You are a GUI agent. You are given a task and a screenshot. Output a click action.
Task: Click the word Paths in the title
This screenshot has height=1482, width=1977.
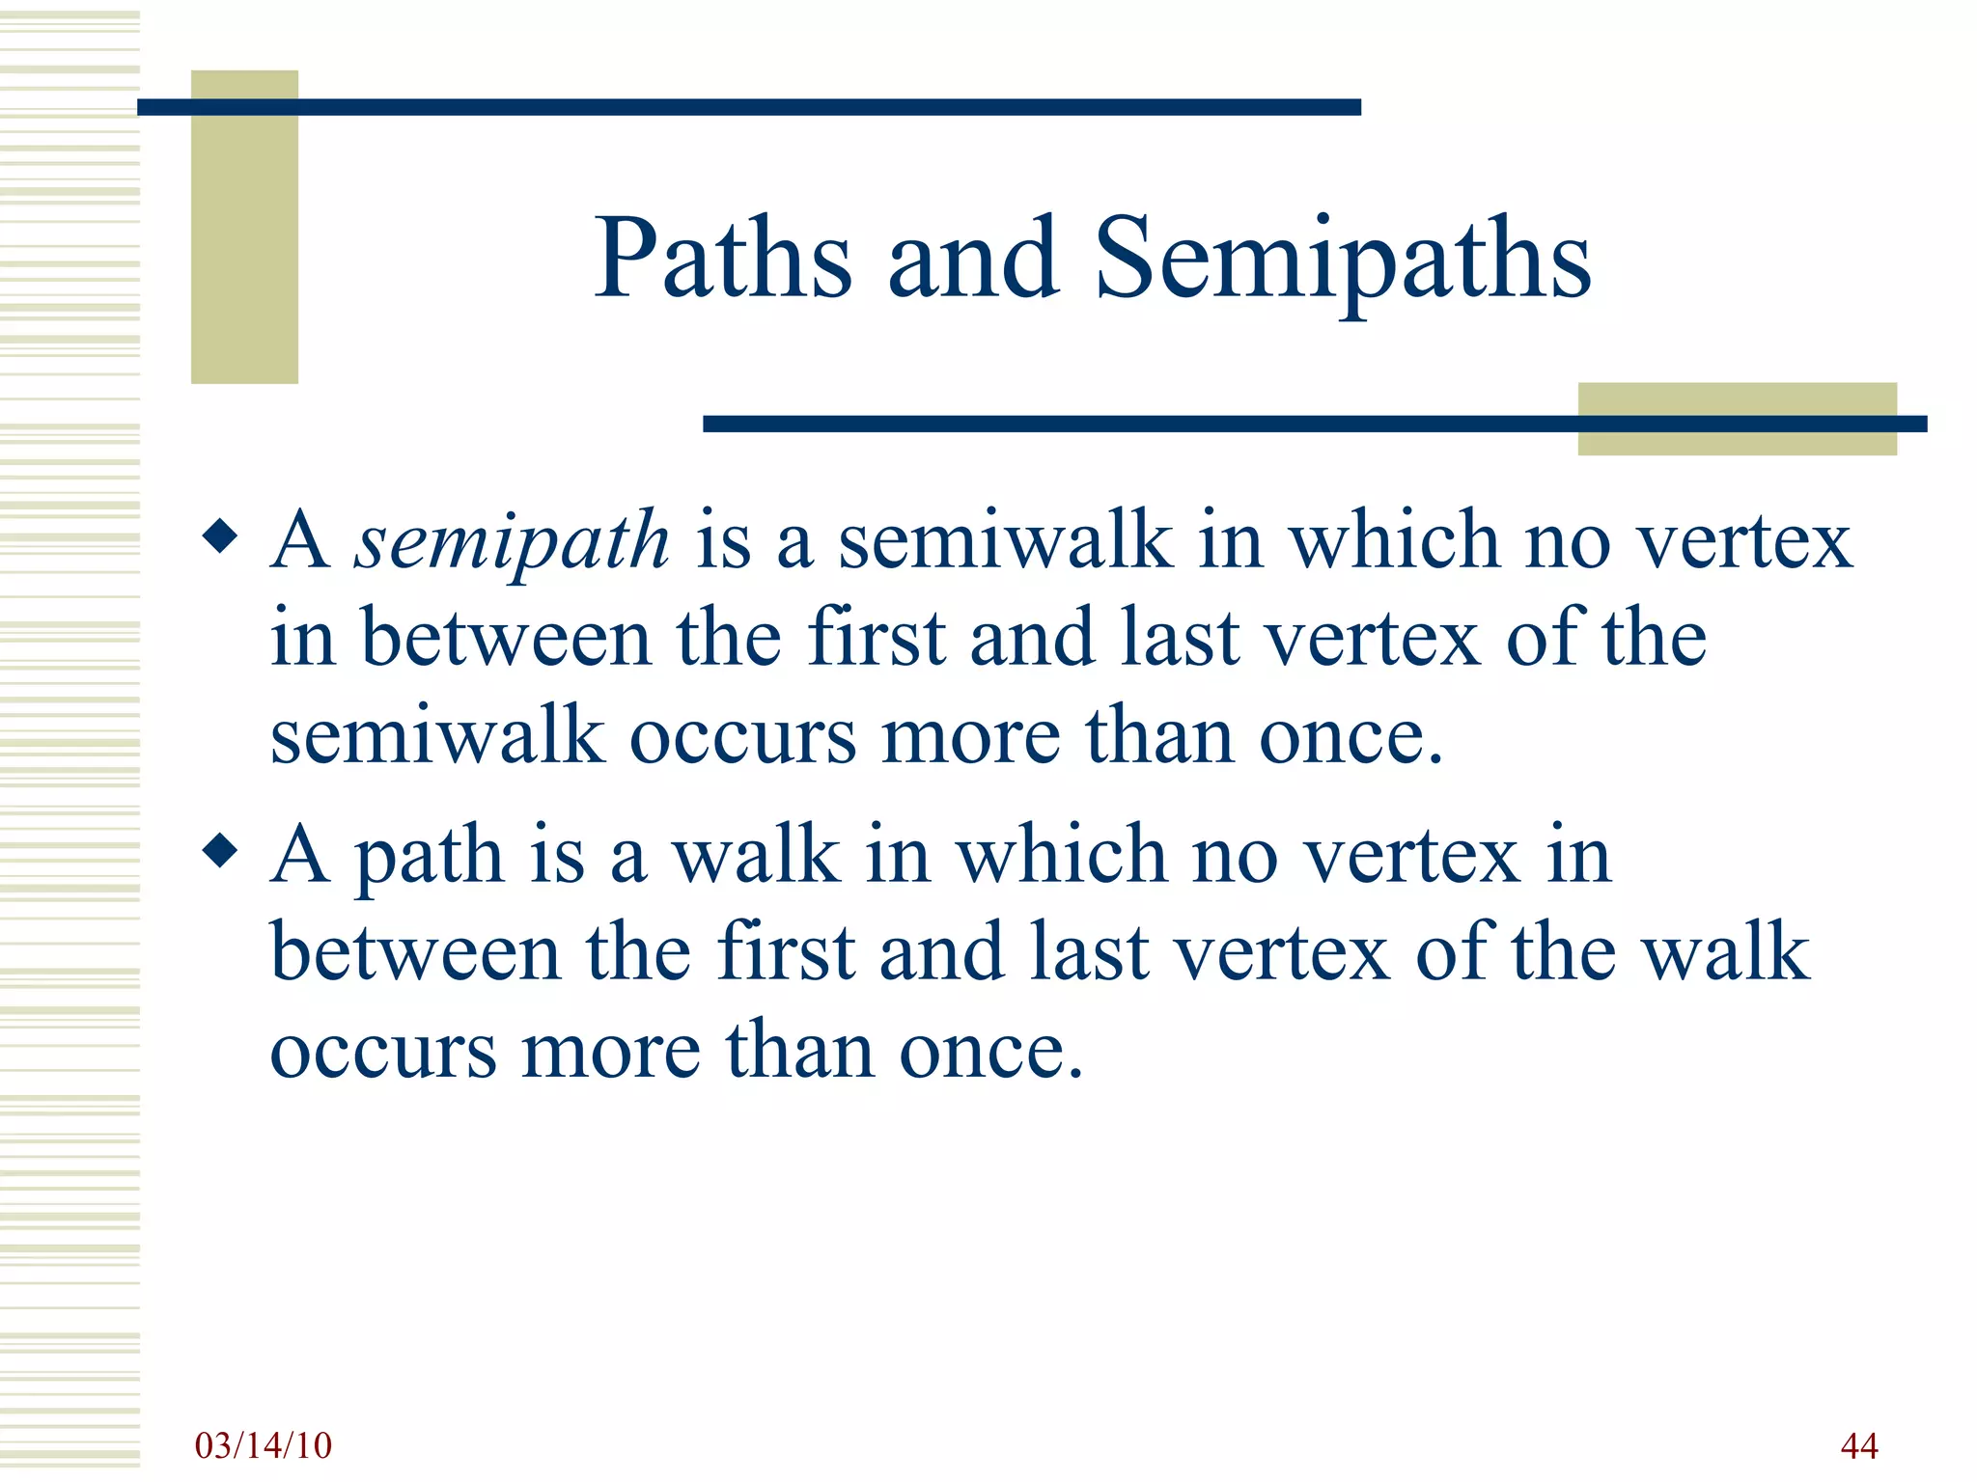[722, 259]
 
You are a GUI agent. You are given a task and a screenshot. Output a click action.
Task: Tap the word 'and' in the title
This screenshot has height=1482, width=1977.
[973, 259]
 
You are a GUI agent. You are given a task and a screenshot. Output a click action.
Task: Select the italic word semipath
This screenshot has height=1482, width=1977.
[512, 540]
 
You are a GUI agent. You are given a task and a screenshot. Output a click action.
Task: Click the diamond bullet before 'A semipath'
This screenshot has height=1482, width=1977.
[221, 536]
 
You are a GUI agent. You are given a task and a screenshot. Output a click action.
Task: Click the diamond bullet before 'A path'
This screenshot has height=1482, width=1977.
[221, 851]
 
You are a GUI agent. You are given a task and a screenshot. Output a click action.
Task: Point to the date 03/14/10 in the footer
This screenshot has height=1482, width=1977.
[263, 1445]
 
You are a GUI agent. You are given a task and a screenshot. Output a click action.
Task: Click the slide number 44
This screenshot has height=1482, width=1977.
[1858, 1445]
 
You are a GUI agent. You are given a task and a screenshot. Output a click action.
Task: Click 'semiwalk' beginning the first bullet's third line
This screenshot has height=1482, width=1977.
[436, 736]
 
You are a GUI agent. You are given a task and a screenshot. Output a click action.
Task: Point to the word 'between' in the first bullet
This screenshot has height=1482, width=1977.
[506, 638]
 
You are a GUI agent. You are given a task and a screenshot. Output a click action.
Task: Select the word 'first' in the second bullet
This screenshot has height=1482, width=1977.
[786, 952]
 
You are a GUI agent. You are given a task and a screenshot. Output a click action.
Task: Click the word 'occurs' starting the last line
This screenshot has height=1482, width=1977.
[383, 1051]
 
